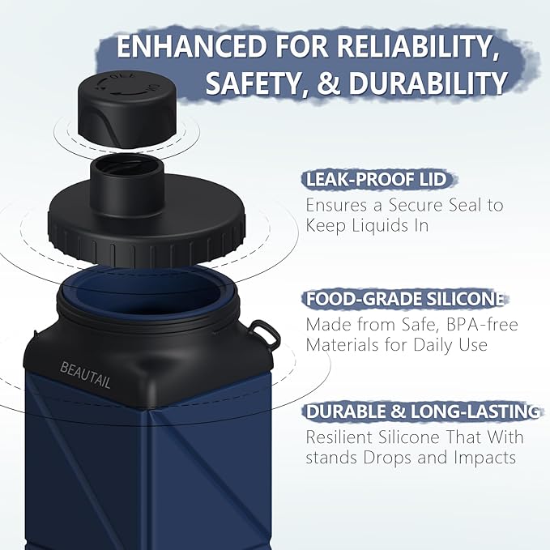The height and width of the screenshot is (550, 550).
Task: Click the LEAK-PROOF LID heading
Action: pyautogui.click(x=375, y=180)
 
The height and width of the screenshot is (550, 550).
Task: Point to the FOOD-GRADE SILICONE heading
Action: pyautogui.click(x=405, y=300)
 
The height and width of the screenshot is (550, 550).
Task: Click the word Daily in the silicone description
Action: pyautogui.click(x=436, y=345)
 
